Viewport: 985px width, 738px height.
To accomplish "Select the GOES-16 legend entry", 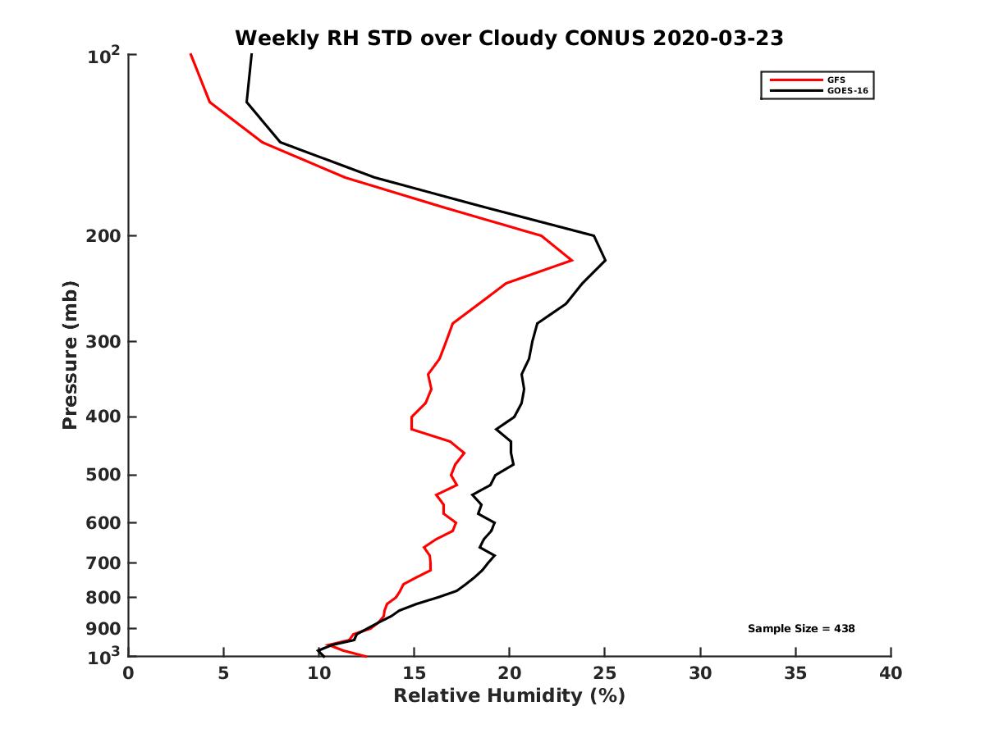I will (x=846, y=91).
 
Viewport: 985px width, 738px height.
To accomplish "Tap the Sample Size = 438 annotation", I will (x=801, y=629).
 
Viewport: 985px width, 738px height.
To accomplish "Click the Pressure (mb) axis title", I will (x=70, y=355).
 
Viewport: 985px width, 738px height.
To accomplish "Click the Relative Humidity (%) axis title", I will (x=509, y=696).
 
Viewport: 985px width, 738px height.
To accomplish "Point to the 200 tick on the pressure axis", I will (x=104, y=236).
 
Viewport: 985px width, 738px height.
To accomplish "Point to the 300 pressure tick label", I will (x=104, y=342).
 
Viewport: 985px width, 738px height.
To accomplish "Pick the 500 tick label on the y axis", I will (x=104, y=476).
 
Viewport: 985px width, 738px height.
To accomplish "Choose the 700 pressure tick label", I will (x=104, y=563).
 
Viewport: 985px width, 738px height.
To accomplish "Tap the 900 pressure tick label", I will (x=104, y=629).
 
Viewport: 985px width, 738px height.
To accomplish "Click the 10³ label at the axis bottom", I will (x=104, y=656).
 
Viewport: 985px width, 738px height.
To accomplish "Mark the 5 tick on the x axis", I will (x=223, y=673).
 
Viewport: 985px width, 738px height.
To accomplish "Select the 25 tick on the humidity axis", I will (x=604, y=673).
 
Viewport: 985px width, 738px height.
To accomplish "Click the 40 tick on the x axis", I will (x=891, y=673).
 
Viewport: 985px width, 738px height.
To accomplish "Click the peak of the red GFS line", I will (x=572, y=260).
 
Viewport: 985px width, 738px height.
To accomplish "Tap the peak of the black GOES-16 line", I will (x=605, y=261).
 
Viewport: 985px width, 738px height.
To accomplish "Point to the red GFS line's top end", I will (x=190, y=55).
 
